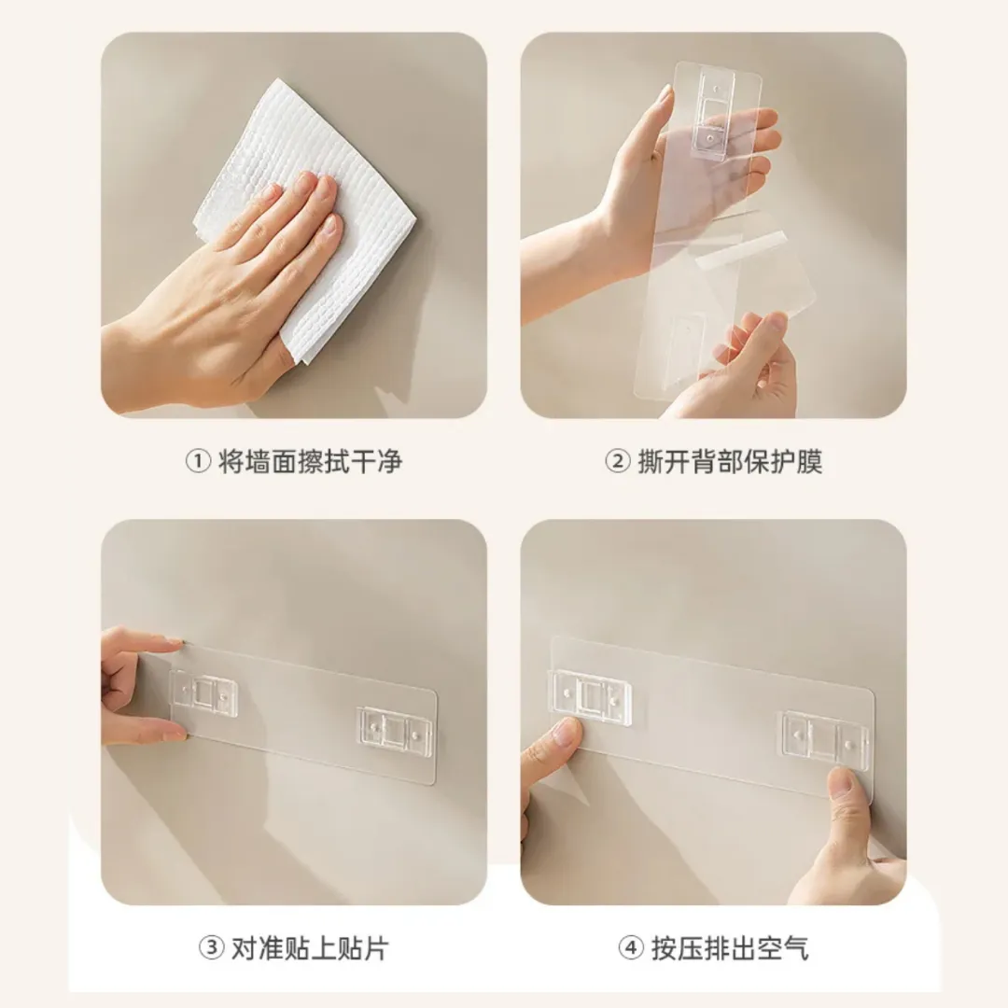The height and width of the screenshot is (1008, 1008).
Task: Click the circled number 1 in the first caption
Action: tap(198, 461)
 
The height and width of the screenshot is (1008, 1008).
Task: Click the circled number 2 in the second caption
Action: tap(618, 461)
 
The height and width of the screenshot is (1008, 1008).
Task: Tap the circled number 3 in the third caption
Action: tap(211, 948)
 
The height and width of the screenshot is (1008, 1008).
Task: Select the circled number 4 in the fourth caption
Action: tap(631, 948)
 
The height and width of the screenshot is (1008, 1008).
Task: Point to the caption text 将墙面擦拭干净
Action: tap(311, 462)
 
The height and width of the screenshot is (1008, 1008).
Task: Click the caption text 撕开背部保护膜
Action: tap(730, 462)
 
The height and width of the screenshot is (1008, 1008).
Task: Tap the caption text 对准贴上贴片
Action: tap(310, 949)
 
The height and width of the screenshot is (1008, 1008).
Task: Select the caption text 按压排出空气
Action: tap(730, 949)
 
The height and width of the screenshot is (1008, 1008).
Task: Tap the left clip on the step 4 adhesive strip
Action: tap(590, 696)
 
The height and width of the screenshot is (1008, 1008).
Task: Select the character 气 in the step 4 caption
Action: tap(796, 949)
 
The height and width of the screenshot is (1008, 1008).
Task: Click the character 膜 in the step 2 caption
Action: tap(809, 462)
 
